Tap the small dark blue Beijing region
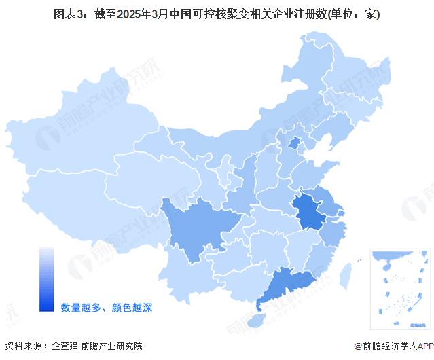(294, 143)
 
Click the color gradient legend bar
(46, 278)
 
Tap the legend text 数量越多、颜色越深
(107, 308)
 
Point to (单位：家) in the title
(352, 14)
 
